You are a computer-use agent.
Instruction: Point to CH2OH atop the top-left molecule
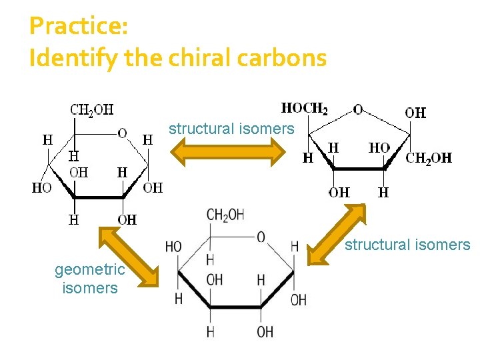(x=92, y=110)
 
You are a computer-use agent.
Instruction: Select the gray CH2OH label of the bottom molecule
(x=225, y=215)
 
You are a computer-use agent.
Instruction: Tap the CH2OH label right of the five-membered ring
(x=429, y=158)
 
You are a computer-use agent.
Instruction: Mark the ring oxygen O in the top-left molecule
(x=122, y=133)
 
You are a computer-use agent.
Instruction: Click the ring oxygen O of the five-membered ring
(x=359, y=109)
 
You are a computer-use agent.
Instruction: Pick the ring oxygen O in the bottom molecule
(x=261, y=237)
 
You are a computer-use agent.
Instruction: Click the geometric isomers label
(x=89, y=279)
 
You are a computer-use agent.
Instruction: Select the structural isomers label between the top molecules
(x=231, y=129)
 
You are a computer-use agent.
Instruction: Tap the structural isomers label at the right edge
(x=407, y=245)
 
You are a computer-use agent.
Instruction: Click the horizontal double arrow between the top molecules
(x=230, y=151)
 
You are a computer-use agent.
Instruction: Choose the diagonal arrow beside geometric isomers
(x=129, y=255)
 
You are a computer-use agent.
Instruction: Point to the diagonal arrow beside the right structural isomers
(x=339, y=234)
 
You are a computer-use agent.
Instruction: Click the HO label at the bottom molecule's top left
(x=173, y=247)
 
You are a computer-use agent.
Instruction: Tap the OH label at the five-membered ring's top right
(x=415, y=113)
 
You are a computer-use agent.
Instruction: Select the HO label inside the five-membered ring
(x=379, y=147)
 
